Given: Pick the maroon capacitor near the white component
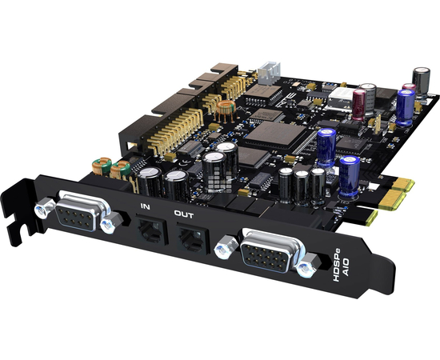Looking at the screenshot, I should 359,102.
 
